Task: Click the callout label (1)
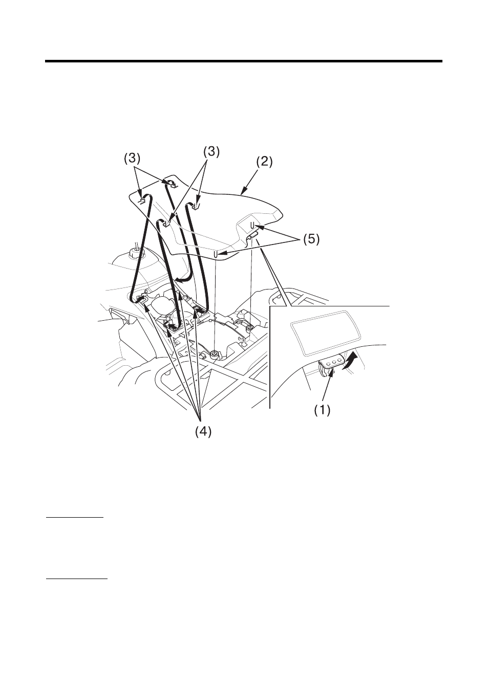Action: click(x=322, y=410)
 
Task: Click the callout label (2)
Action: click(x=264, y=162)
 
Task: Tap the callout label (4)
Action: click(x=203, y=432)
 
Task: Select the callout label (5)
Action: click(x=311, y=239)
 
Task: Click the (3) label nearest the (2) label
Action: click(x=211, y=152)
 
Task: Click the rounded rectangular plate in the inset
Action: click(x=325, y=333)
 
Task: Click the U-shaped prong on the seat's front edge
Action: click(x=216, y=254)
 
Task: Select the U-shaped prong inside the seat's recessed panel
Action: click(x=251, y=225)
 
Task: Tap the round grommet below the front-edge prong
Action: click(x=215, y=355)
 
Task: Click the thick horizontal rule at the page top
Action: click(x=244, y=61)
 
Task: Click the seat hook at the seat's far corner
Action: click(x=172, y=183)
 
